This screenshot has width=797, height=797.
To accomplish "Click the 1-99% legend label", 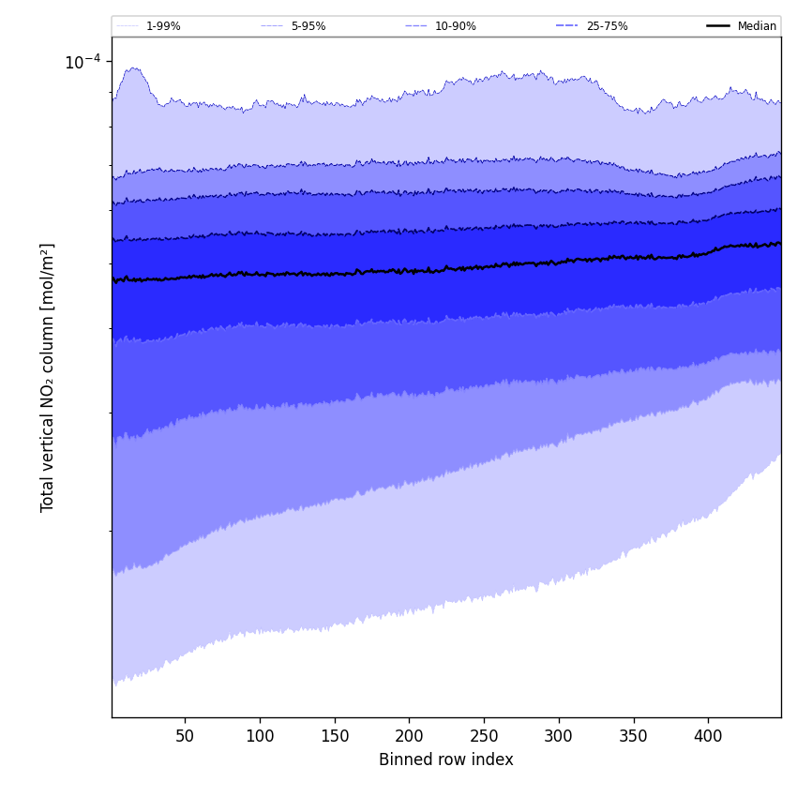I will (x=163, y=26).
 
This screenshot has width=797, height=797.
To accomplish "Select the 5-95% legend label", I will (x=308, y=26).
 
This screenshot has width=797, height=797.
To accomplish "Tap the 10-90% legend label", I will (x=455, y=26).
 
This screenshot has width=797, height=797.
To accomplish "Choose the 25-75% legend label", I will (x=607, y=26).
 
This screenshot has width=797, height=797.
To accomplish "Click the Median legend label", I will (x=757, y=26).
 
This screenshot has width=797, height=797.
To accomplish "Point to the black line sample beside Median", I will (x=718, y=26).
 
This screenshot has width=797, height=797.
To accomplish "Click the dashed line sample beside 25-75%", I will (x=567, y=26).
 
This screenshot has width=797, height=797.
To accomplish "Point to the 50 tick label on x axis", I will (x=185, y=736).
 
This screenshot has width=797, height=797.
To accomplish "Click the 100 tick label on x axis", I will (x=260, y=736).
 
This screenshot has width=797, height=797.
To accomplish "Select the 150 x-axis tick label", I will (x=335, y=736).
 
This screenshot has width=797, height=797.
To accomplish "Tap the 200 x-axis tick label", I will (x=409, y=736).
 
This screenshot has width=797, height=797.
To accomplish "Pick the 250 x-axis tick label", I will (x=484, y=736).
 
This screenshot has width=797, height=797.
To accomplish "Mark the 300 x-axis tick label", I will (x=559, y=736).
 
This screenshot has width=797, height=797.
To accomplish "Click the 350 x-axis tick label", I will (x=634, y=736).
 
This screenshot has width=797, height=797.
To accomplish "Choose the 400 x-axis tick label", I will (x=708, y=736).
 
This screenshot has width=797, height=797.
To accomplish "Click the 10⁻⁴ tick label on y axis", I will (x=83, y=62).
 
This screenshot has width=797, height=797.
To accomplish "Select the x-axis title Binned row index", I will (x=446, y=759).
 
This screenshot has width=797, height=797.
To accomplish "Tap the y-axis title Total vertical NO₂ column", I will (x=48, y=377).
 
